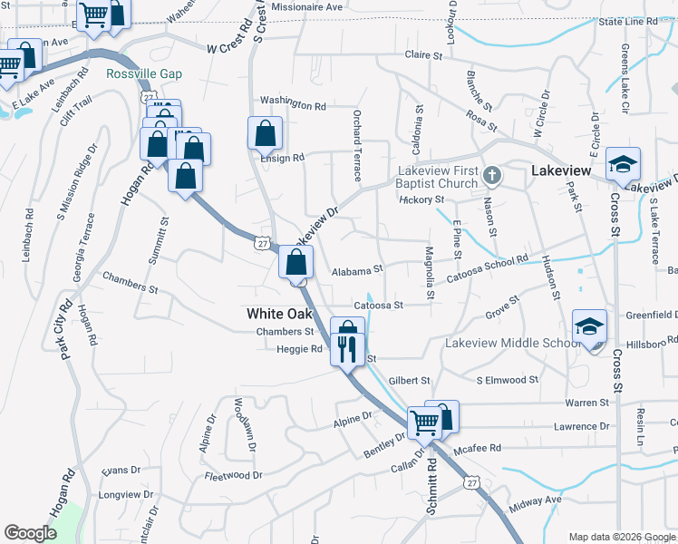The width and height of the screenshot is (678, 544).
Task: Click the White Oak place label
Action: coord(279,314)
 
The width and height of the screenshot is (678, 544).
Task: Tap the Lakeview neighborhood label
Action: coord(561,170)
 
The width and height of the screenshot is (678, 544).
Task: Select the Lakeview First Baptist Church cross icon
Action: coord(491,174)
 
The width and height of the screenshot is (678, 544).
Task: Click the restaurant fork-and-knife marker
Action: coord(348,348)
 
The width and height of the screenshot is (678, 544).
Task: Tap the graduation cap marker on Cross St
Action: coord(622,164)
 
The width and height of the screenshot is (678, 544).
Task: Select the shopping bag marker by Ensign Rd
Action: coord(264,134)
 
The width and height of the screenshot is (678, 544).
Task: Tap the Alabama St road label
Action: coord(358,269)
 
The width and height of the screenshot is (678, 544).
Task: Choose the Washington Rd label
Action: coord(292,103)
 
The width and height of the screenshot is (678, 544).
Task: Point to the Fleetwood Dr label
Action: coord(233,475)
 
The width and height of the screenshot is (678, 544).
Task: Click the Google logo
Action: coord(30,533)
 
